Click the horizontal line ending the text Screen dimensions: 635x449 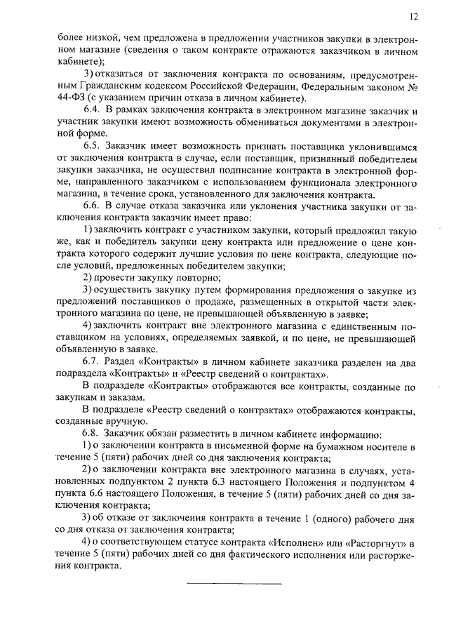[x=234, y=583]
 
